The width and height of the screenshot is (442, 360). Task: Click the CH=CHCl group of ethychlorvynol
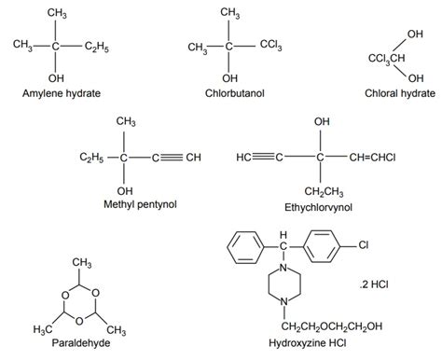372,156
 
